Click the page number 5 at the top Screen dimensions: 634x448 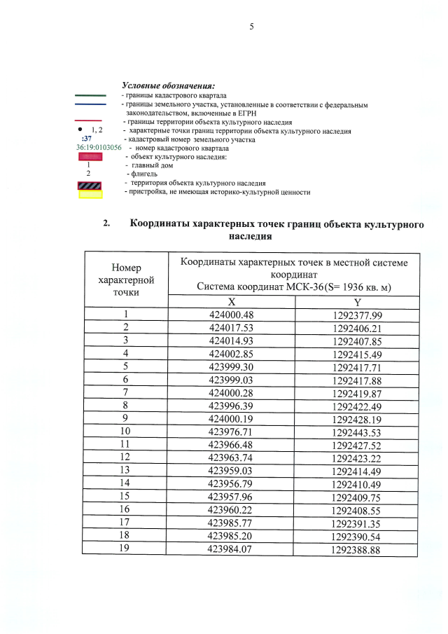[251, 27]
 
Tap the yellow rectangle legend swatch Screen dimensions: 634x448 [90, 193]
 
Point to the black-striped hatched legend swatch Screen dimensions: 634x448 [90, 184]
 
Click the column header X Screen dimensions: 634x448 [231, 302]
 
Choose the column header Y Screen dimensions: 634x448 [357, 302]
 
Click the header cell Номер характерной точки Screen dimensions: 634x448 [126, 279]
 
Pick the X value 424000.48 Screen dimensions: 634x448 [231, 315]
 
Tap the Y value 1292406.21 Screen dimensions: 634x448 [357, 327]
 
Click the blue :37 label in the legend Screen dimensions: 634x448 [87, 139]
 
